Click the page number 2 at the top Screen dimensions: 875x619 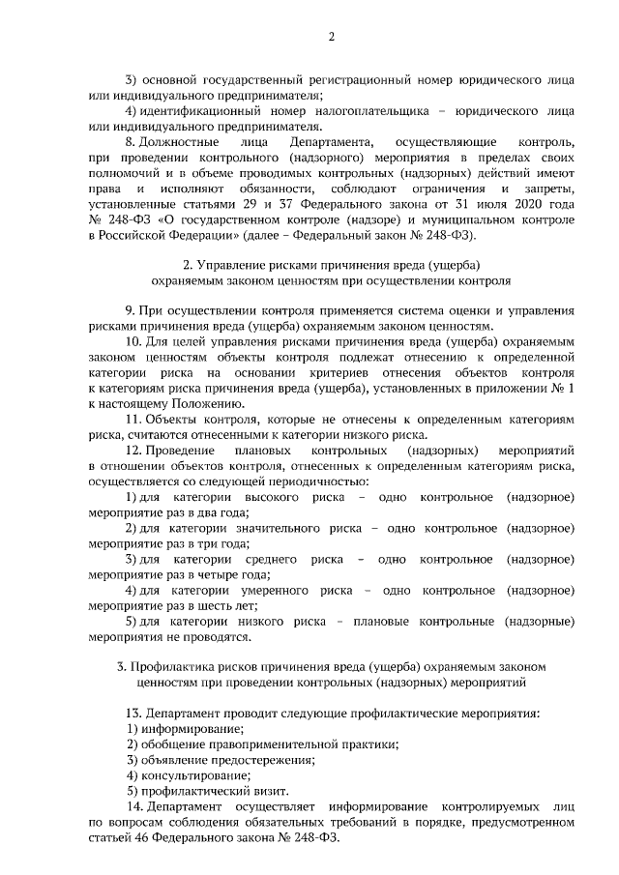[x=331, y=38]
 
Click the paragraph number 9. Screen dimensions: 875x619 [x=130, y=311]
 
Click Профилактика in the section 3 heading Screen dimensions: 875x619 [x=175, y=667]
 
